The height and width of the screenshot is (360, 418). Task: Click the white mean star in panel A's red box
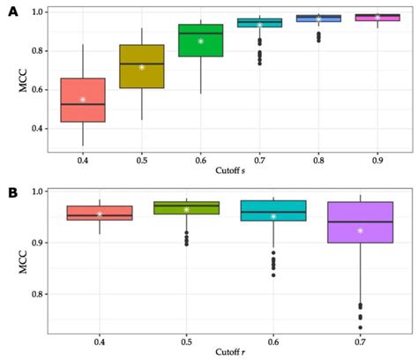(83, 100)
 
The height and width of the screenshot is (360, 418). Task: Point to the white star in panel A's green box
(201, 41)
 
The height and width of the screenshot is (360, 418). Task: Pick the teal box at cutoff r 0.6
(273, 210)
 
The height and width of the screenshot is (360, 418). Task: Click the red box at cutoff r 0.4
(100, 213)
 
